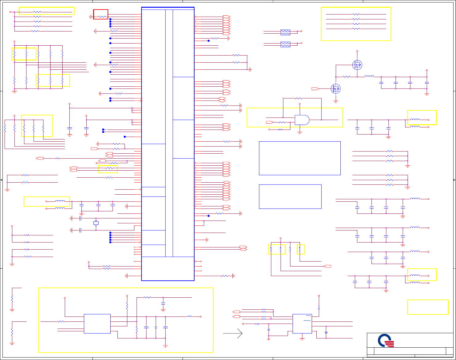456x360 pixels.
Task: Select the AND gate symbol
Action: (302, 120)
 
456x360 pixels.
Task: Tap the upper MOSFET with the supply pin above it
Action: (357, 65)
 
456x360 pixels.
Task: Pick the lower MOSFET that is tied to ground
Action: (335, 89)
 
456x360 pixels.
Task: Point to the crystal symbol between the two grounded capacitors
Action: (96, 223)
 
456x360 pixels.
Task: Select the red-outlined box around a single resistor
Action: (101, 14)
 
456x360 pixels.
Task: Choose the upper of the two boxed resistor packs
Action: (285, 32)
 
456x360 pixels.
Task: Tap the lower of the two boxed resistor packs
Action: (285, 44)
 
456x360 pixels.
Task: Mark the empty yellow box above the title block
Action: (428, 307)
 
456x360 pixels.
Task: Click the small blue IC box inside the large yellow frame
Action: (97, 324)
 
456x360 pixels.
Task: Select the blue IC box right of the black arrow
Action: (302, 324)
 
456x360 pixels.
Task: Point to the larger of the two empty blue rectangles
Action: (300, 158)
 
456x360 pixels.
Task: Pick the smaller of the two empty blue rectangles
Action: (290, 197)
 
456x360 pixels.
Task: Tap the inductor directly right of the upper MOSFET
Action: (369, 77)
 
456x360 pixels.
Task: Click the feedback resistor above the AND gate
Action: (298, 98)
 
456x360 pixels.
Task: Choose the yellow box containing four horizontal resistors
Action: (356, 24)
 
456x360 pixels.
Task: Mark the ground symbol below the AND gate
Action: (299, 133)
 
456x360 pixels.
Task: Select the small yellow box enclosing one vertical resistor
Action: (301, 249)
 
